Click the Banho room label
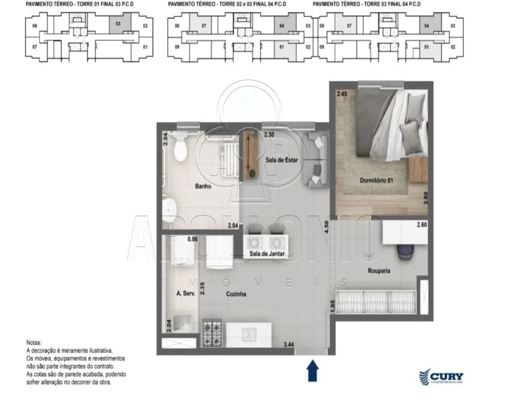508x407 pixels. point(203,186)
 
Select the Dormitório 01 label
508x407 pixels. point(376,180)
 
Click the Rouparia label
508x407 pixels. point(379,271)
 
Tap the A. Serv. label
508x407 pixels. point(185,294)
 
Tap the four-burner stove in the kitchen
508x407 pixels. point(213,333)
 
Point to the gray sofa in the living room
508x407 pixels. point(316,160)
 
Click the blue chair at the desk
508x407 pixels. point(406,252)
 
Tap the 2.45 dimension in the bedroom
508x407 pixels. point(341,94)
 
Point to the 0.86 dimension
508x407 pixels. point(193,238)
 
